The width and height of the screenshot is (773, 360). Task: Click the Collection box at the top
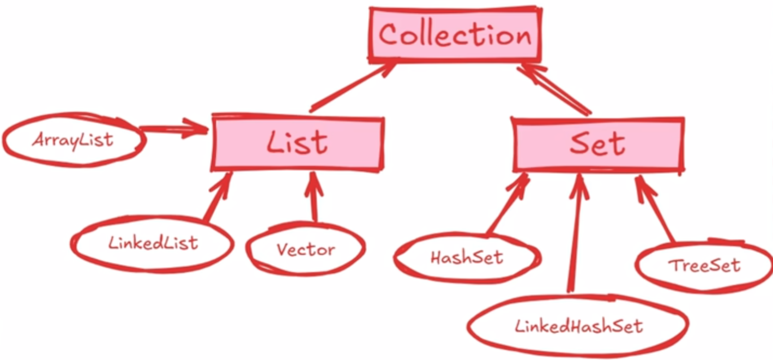coord(455,35)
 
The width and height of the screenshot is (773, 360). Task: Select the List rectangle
coord(298,142)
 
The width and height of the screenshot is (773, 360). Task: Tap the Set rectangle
coord(598,145)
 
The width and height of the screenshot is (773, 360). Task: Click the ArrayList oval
coord(74,140)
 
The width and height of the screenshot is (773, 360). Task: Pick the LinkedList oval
coord(152,244)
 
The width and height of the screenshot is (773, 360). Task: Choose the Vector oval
coord(306,249)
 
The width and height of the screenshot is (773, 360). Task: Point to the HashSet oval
coord(468,258)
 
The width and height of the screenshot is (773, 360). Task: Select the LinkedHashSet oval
coord(578,326)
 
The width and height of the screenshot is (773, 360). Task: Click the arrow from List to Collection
coord(352,87)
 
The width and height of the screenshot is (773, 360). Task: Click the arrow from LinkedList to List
coord(218,197)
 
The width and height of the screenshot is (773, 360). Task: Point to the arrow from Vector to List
coord(313,197)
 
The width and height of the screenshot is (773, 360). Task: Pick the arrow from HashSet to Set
coord(508,205)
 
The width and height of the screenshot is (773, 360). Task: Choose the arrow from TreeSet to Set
coord(655,209)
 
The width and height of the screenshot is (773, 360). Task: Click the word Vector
coord(306,250)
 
